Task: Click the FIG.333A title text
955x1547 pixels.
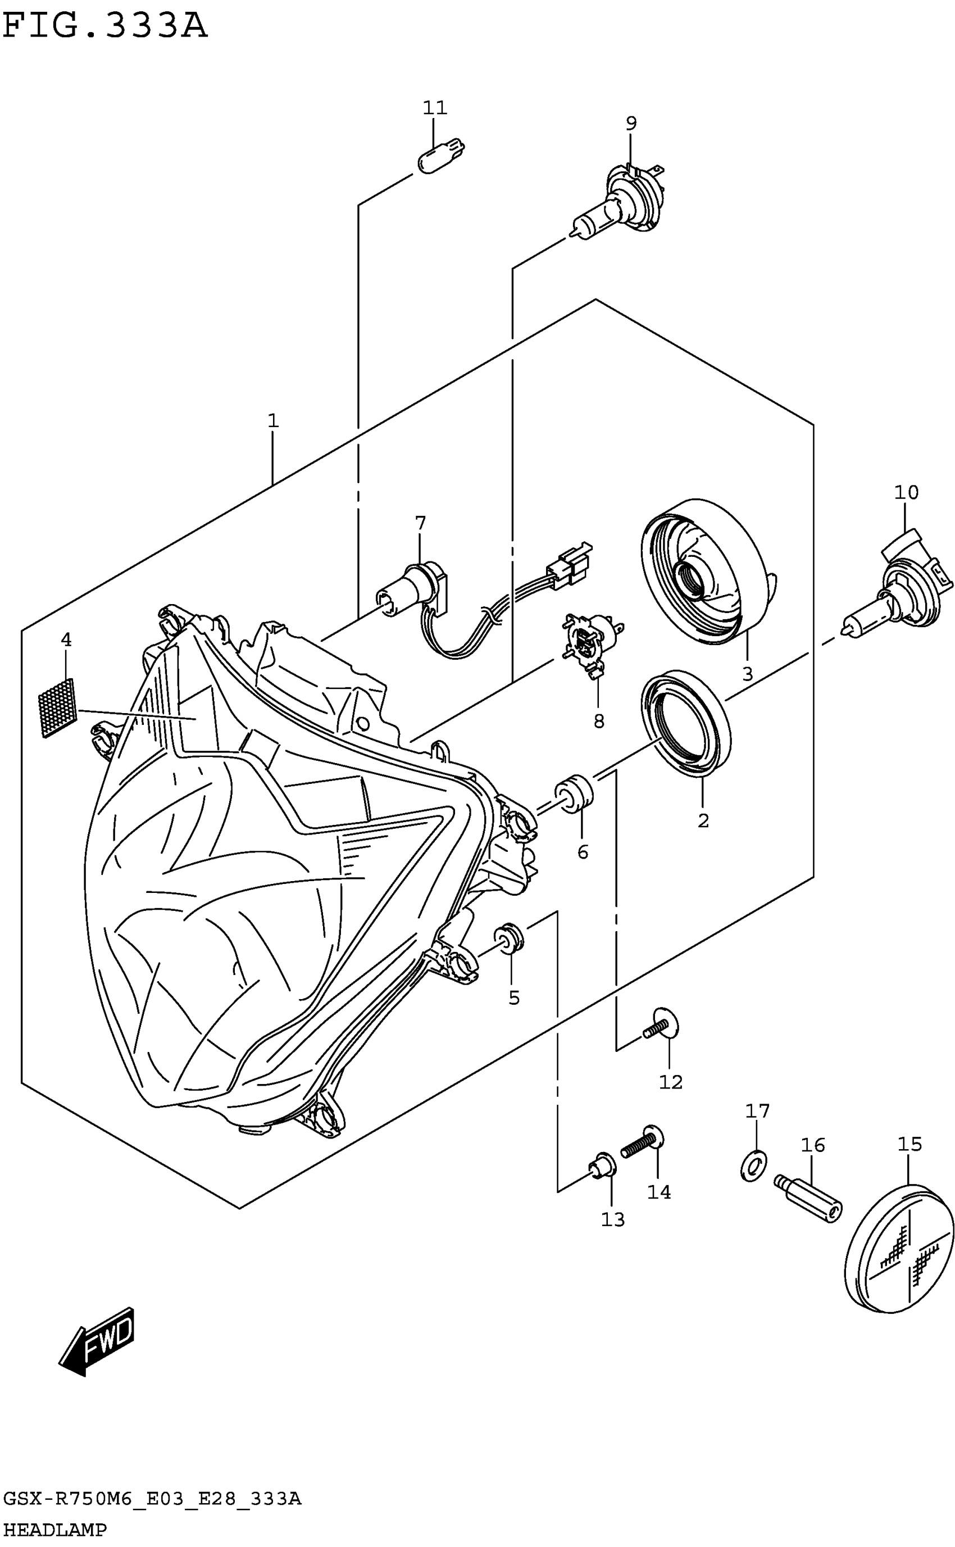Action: pos(105,26)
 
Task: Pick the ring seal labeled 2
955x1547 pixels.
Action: pos(686,723)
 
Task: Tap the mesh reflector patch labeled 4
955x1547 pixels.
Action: pos(57,707)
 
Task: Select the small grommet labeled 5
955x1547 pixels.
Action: pos(508,938)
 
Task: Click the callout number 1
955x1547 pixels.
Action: pos(273,421)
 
